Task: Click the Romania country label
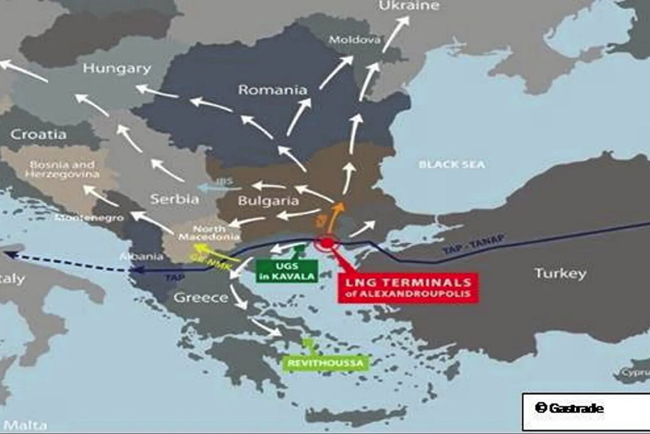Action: [272, 90]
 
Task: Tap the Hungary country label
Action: [116, 68]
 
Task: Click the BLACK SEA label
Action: [452, 164]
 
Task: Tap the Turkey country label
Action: [560, 273]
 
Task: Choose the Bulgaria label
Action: [268, 201]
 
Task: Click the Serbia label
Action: [174, 199]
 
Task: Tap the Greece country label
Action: [201, 297]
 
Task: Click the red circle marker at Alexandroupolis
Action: [327, 242]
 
